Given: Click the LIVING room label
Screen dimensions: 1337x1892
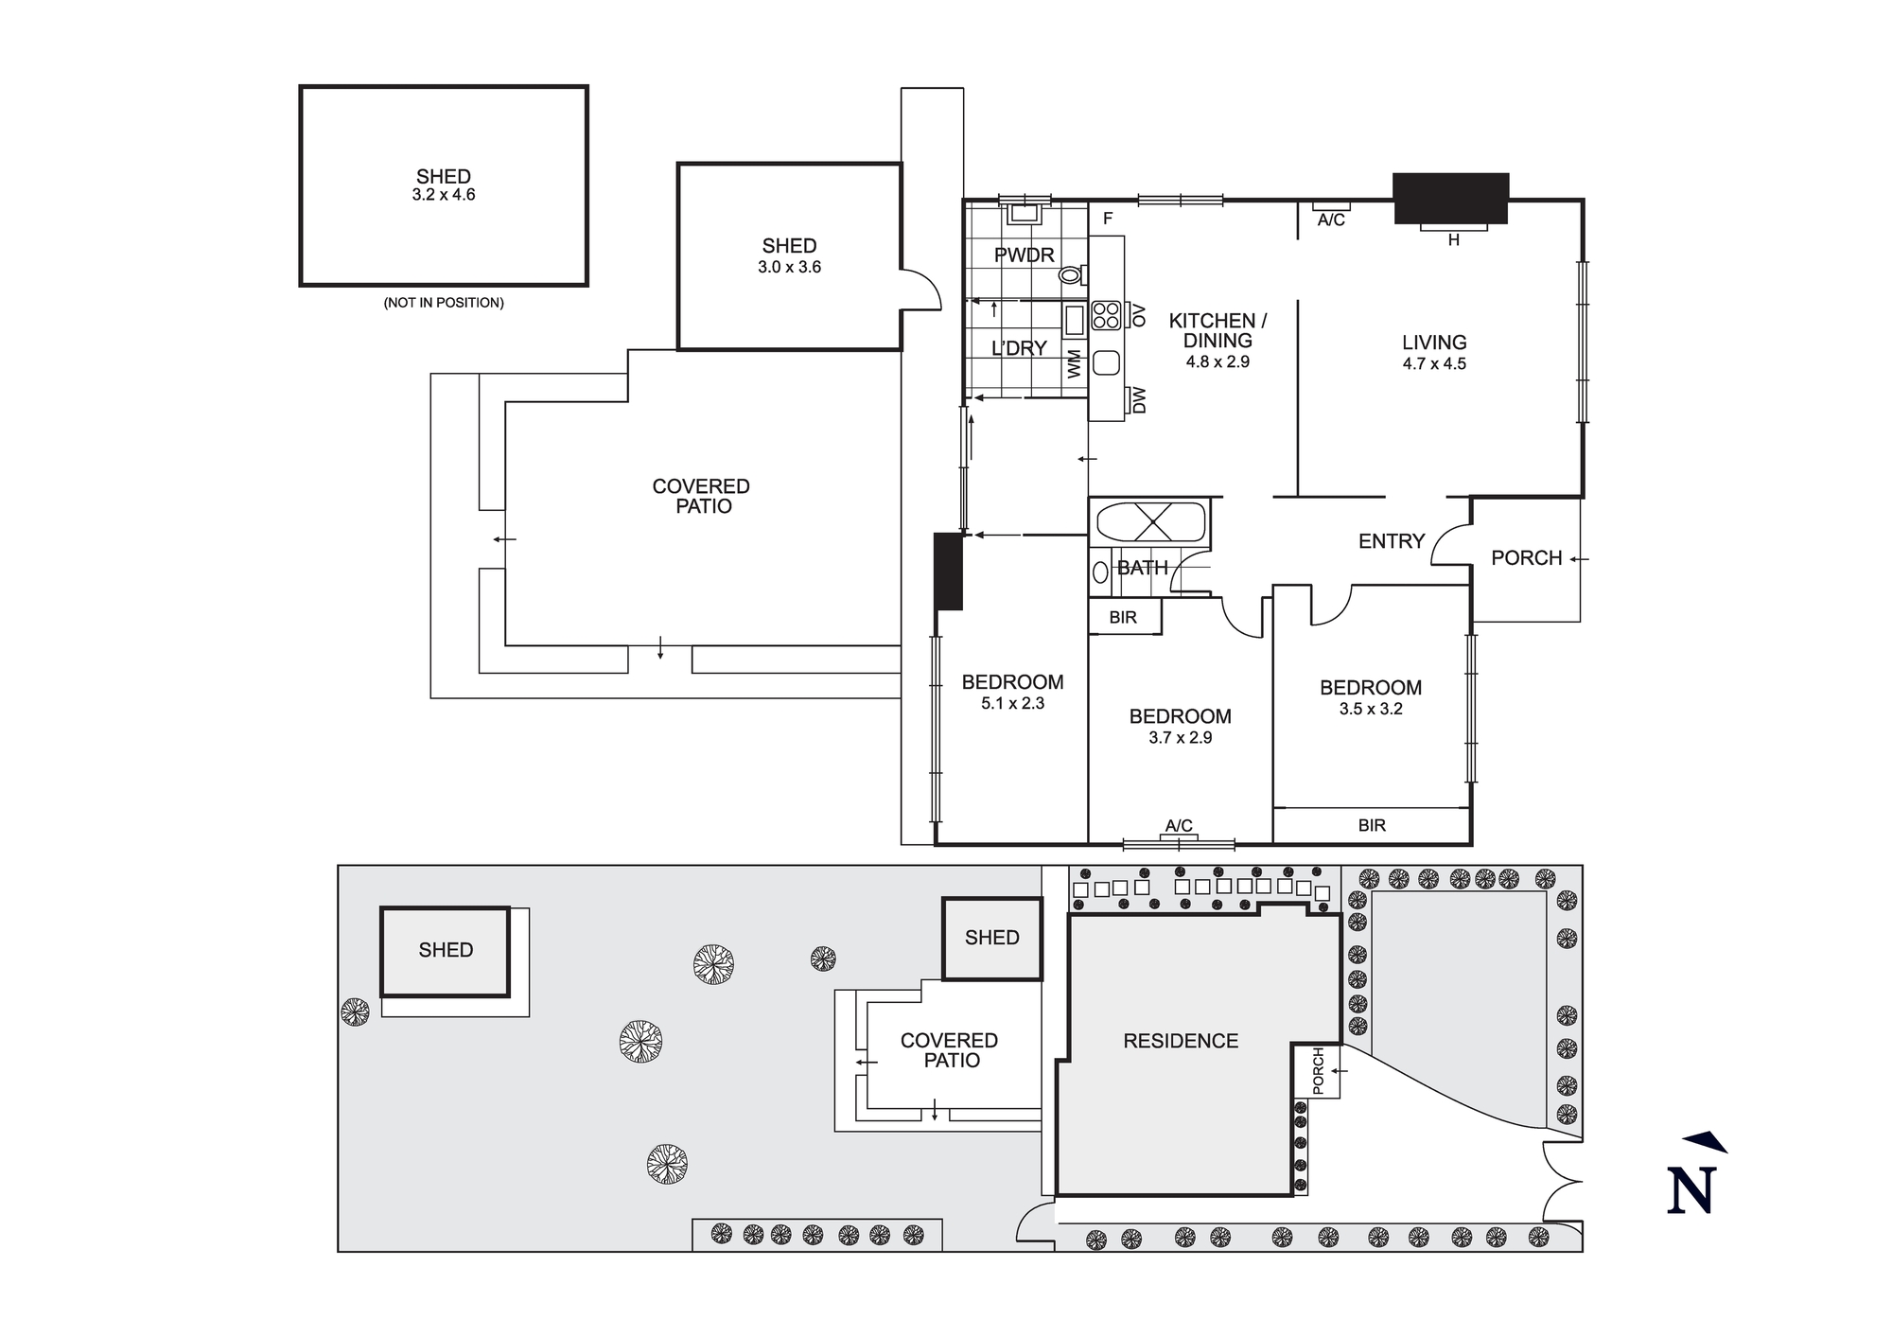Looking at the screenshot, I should point(1434,343).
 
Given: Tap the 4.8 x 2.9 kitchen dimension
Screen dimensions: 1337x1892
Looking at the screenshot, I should point(1218,361).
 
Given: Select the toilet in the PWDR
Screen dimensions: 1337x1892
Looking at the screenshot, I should point(1070,275).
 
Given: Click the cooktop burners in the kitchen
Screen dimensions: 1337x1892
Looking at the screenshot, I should point(1106,315).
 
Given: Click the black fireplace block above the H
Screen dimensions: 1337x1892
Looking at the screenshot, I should point(1450,198).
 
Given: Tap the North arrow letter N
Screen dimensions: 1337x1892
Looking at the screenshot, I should point(1691,1191).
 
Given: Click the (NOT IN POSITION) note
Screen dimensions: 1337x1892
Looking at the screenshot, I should point(444,303).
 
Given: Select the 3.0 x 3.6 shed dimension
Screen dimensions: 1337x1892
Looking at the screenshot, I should point(789,268).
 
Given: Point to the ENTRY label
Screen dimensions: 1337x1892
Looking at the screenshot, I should point(1391,541).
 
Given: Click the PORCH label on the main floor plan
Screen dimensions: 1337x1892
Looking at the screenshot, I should point(1526,558).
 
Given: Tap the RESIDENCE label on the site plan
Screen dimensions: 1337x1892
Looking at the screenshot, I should point(1181,1041).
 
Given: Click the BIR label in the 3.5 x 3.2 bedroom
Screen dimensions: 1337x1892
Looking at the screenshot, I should point(1372,825).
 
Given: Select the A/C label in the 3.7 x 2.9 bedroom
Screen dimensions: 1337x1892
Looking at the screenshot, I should point(1179,826).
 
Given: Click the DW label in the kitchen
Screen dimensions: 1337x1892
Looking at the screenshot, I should point(1139,399).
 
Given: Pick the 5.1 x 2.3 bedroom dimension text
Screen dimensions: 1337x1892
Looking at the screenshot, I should point(1012,703).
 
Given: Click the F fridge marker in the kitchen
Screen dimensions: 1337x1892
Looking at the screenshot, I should point(1108,219).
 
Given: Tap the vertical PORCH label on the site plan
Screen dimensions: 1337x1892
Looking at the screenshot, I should point(1319,1070).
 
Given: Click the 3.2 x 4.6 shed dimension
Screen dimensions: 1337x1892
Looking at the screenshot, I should point(444,195).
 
